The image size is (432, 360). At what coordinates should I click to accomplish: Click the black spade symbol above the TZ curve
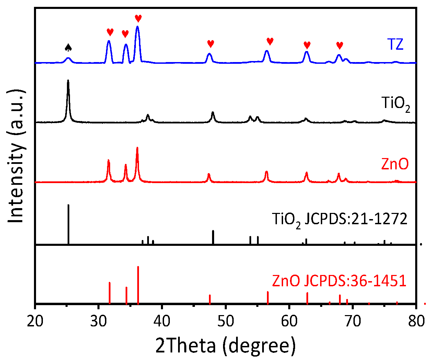tap(68, 47)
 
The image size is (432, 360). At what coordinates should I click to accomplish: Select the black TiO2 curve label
tap(396, 103)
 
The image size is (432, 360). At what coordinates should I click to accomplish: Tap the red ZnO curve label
tap(395, 164)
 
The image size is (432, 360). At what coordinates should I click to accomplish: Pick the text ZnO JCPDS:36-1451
tap(339, 281)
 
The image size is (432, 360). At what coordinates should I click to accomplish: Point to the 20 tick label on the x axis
tap(35, 321)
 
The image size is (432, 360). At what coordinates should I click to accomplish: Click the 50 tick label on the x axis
tap(226, 321)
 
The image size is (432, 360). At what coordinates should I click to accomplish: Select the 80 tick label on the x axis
tap(416, 321)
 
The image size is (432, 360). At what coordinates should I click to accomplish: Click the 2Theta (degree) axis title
tap(225, 345)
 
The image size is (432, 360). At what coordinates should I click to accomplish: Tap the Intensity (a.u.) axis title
tap(16, 156)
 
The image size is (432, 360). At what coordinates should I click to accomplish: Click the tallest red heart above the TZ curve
tap(138, 18)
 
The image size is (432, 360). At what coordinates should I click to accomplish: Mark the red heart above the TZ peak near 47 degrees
tap(210, 44)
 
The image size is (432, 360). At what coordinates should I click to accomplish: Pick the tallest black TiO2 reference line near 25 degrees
tap(68, 223)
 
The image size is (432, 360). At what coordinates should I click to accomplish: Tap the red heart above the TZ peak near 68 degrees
tap(339, 45)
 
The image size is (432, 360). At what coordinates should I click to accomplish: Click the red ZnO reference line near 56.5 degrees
tap(268, 297)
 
